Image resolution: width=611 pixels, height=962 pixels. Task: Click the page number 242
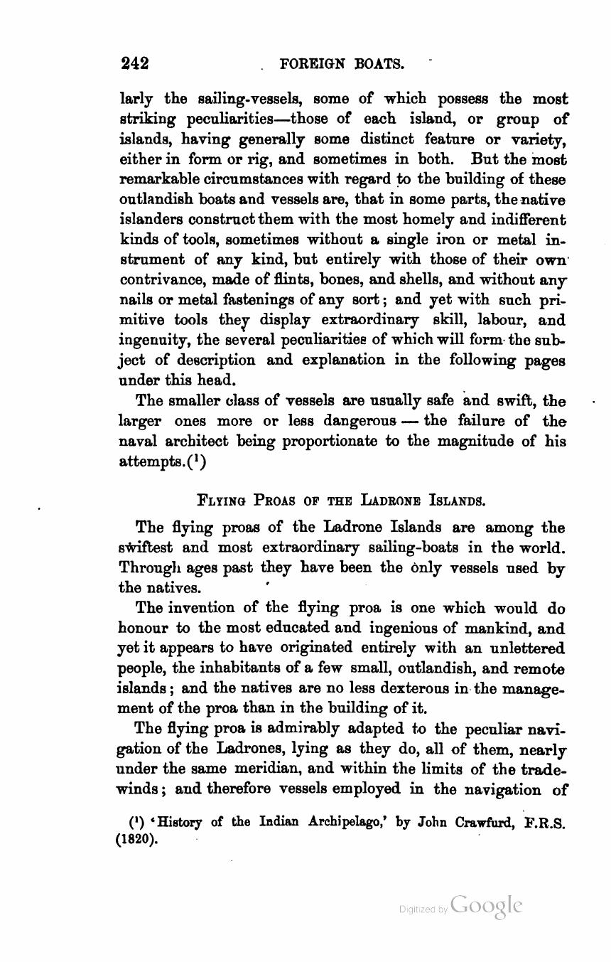[134, 63]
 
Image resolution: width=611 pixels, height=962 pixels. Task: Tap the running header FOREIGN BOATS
[342, 64]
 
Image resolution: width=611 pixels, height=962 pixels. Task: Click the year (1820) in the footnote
[136, 839]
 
